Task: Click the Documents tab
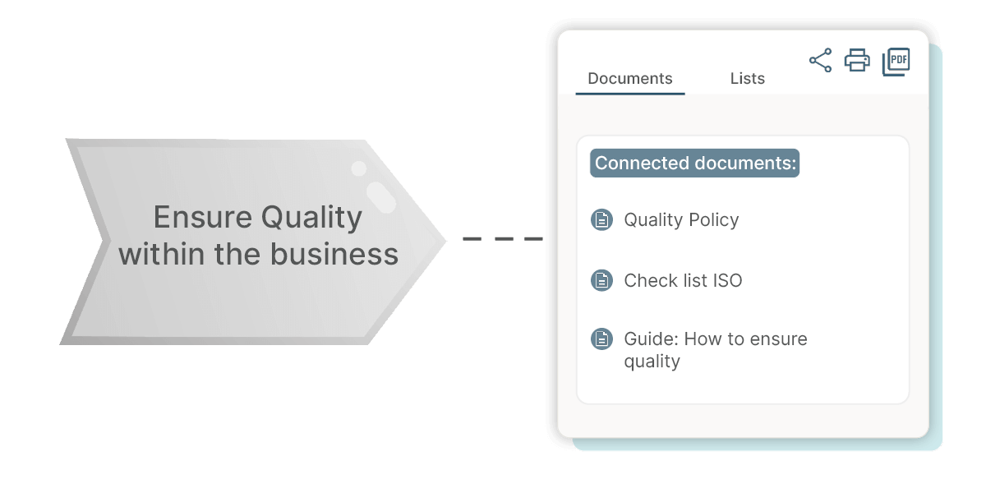click(630, 79)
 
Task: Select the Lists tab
click(747, 79)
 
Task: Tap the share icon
click(820, 60)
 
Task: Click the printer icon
click(857, 60)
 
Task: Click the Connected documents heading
click(695, 164)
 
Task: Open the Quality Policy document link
click(681, 220)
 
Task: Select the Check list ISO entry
click(683, 281)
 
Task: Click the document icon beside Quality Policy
click(601, 220)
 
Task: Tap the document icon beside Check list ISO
click(601, 280)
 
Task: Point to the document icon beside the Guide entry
click(601, 339)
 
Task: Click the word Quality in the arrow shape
click(311, 219)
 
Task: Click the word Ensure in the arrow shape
click(202, 218)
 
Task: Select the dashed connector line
click(502, 239)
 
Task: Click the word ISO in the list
click(726, 281)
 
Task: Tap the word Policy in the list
click(713, 220)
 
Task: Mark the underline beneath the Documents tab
click(629, 94)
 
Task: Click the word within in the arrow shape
click(161, 254)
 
